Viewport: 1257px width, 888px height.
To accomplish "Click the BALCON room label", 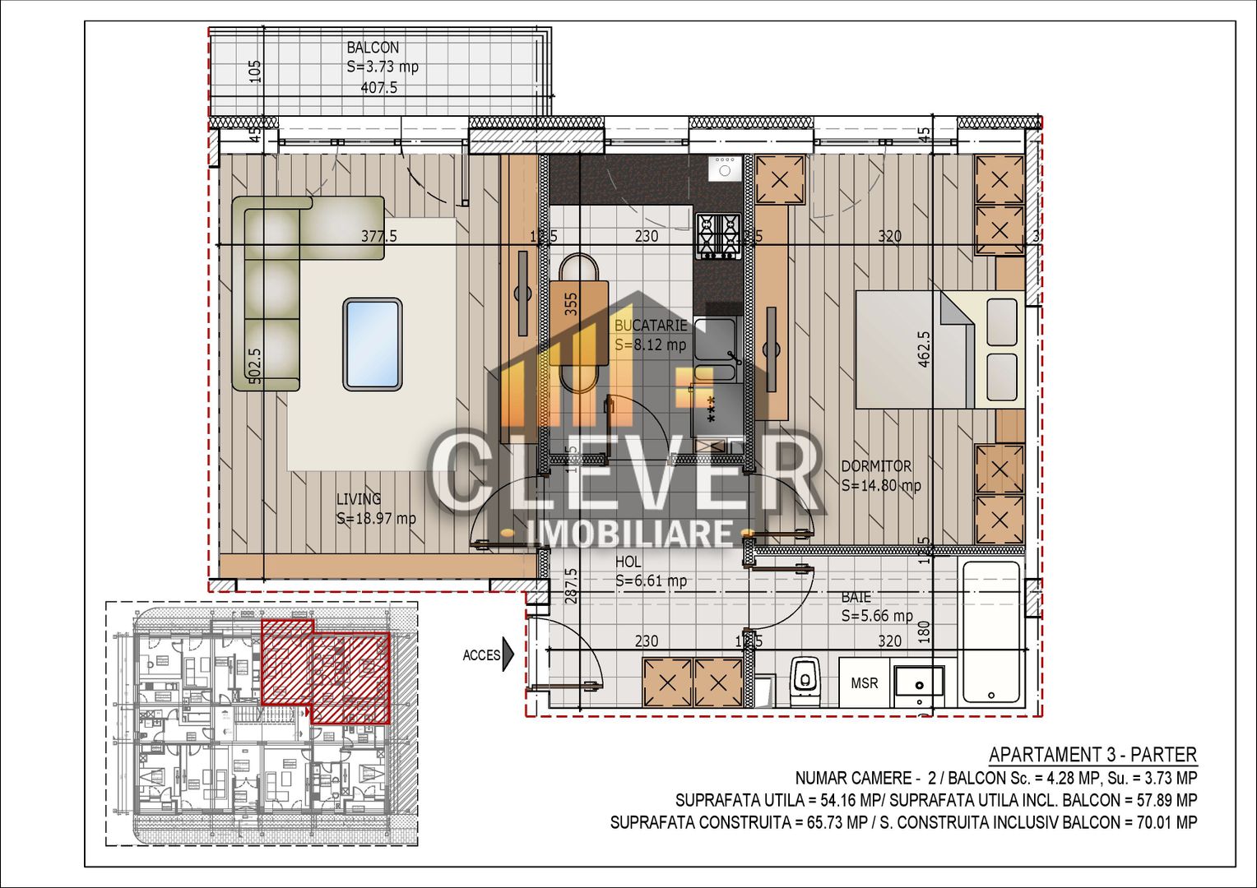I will pos(373,49).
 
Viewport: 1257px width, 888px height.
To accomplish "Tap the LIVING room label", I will pos(359,499).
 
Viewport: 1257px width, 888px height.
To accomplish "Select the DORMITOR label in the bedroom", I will pos(875,466).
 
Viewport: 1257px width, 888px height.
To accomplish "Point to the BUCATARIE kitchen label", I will pos(650,326).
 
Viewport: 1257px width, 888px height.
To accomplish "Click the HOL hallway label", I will pos(628,562).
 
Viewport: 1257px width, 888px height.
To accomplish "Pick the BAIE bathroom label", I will pos(856,597).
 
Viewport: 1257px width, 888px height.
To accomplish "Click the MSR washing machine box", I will pos(864,683).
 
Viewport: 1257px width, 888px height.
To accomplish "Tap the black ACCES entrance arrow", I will pos(508,654).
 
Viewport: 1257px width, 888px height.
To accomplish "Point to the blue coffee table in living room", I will pos(373,344).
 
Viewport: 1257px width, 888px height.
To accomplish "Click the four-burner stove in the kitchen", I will pos(718,235).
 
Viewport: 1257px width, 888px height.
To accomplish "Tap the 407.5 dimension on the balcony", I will pos(379,87).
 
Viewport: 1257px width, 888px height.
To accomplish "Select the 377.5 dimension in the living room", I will pos(378,236).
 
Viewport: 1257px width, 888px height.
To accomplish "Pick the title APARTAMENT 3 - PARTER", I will pos(1092,755).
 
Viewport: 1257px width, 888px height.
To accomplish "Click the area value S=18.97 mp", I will pos(376,519).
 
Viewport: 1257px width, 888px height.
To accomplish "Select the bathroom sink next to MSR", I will pos(919,683).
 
